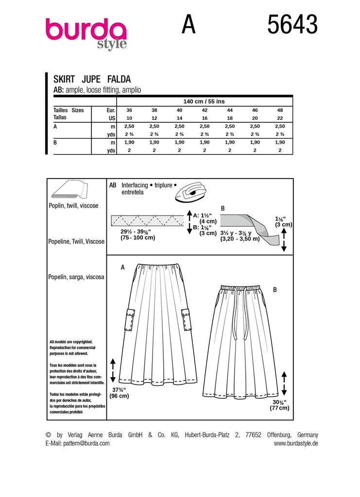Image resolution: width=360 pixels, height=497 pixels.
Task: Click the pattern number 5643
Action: point(292,25)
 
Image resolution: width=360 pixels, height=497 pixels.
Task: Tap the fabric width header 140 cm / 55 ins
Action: point(204,101)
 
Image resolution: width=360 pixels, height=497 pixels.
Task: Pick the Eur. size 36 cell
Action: point(129,110)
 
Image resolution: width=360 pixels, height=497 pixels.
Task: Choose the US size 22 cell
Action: point(279,118)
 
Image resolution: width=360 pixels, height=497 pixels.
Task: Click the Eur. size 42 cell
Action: point(204,110)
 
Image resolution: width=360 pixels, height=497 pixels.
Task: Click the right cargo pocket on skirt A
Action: point(186,320)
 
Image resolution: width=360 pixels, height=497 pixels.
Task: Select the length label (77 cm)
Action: point(279,408)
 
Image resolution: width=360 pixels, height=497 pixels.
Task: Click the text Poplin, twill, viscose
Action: point(73,206)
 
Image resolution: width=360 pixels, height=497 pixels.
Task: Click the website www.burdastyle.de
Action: point(295,443)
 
